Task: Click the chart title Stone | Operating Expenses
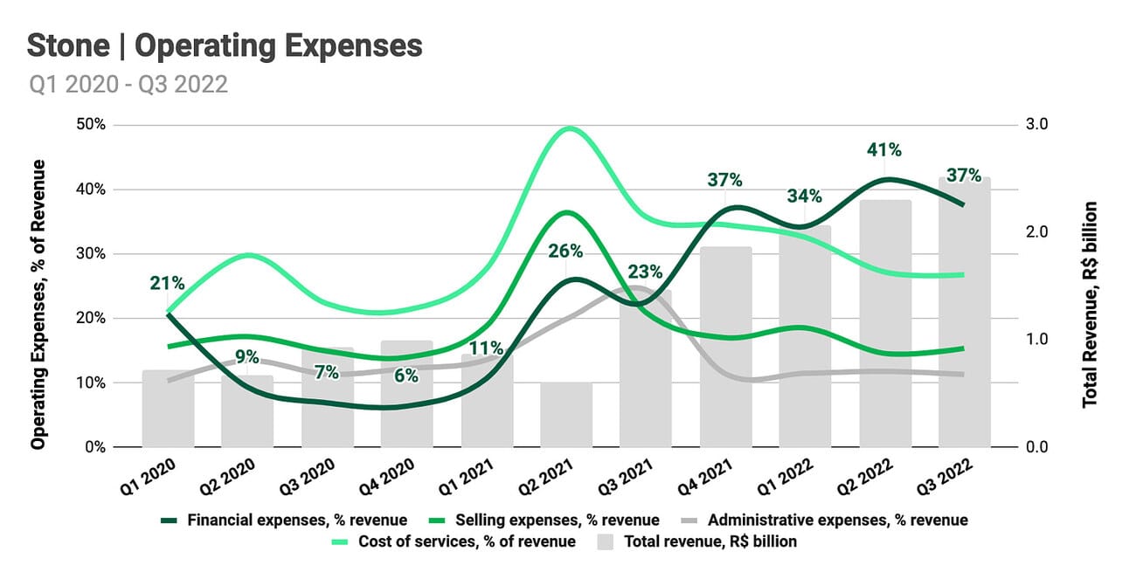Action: (x=225, y=45)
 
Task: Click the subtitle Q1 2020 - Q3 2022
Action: (x=128, y=85)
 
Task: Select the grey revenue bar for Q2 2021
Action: (x=565, y=415)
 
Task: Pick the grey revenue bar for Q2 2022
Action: (x=885, y=323)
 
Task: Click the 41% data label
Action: (x=884, y=149)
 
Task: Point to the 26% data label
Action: (x=565, y=252)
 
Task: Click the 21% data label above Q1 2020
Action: (x=166, y=283)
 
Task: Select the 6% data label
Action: (x=405, y=376)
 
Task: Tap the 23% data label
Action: (x=645, y=271)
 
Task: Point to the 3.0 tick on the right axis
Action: (x=1037, y=125)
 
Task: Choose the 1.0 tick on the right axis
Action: (x=1037, y=340)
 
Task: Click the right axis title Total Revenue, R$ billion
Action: (x=1090, y=305)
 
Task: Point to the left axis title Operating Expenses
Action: (x=38, y=305)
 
